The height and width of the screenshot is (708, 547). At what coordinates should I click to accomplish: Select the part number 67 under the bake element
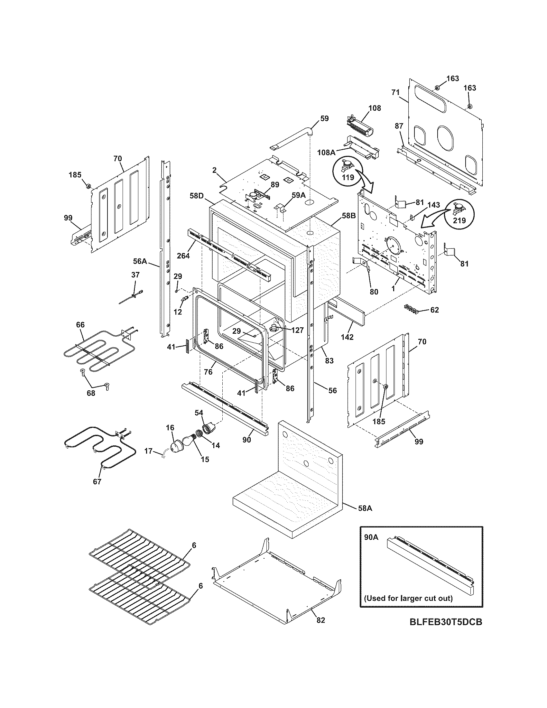pos(97,491)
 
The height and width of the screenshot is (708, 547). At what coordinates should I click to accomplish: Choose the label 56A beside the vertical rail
pos(140,261)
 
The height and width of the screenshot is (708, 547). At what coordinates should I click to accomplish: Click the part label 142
pos(347,337)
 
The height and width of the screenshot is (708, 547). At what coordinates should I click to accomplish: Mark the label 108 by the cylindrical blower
pos(375,108)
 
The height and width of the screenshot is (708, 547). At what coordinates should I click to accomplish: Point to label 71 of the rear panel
pos(395,93)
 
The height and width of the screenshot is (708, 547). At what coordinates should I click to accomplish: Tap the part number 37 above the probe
pos(135,275)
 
